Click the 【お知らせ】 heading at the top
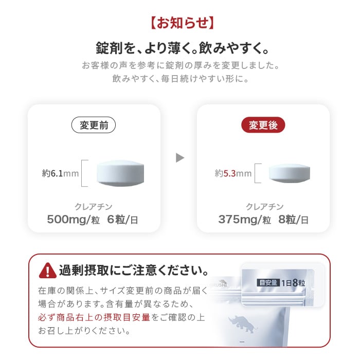point(180,24)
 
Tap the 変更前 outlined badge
point(94,125)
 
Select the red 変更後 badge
point(263,125)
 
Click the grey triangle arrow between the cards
point(179,158)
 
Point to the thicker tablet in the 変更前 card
point(121,173)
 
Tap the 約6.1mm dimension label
point(61,173)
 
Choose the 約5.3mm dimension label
point(233,173)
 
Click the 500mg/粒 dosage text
point(74,220)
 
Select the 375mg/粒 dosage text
point(244,220)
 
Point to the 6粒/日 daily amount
point(122,220)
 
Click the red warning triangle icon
point(48,269)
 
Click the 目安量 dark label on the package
point(268,282)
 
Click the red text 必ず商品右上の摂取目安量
point(94,317)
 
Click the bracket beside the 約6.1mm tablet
point(85,173)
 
